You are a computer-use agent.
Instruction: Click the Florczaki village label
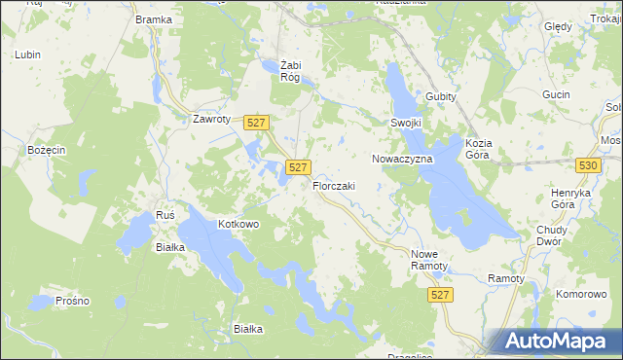(x=334, y=186)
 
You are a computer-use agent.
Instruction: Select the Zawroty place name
(x=211, y=120)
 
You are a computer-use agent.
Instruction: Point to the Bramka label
(x=154, y=19)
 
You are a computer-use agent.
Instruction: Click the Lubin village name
(x=27, y=54)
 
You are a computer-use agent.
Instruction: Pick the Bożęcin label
(x=47, y=150)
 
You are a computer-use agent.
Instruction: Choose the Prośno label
(x=73, y=301)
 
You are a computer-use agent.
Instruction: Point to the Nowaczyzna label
(x=395, y=158)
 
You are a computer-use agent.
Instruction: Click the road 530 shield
(x=587, y=166)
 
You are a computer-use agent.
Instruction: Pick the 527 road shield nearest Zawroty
(x=256, y=122)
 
